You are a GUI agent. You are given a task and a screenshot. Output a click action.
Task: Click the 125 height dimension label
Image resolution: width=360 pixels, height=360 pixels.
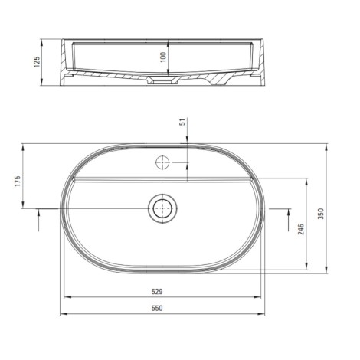pos(37,62)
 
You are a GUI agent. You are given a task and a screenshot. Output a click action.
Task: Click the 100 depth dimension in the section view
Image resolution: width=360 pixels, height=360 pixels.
pos(163,57)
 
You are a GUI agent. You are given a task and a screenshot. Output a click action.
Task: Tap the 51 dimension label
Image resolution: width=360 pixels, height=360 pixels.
pos(182,123)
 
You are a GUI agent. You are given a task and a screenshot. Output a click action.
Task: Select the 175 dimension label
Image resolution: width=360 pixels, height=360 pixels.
pos(18,181)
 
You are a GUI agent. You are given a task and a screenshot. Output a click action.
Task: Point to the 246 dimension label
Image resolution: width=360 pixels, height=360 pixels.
pos(301,229)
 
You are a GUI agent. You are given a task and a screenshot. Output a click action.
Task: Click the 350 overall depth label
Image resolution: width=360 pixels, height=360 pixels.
pos(321,214)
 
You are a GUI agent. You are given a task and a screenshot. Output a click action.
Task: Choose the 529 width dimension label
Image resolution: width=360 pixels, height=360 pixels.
pos(157,291)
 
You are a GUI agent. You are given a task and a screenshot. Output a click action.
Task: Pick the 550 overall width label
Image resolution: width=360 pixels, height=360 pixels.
pos(157,308)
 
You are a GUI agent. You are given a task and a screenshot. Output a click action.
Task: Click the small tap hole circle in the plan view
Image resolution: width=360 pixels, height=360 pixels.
pos(162,162)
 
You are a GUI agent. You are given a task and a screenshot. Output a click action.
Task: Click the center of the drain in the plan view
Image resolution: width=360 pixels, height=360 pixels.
pos(162,208)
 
